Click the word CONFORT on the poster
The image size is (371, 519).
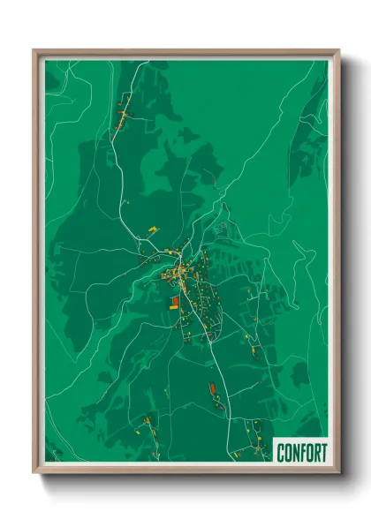301,452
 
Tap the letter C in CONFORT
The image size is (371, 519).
281,452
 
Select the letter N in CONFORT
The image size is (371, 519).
295,452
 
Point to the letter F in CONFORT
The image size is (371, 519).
302,452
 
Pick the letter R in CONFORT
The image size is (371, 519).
316,452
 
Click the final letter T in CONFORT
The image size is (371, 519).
323,452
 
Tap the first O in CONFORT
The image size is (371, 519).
288,452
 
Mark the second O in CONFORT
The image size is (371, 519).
309,452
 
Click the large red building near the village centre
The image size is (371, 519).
174,302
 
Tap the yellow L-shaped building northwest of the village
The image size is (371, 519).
153,230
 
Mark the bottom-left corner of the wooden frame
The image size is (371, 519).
34,473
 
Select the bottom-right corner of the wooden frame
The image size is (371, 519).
338,473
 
